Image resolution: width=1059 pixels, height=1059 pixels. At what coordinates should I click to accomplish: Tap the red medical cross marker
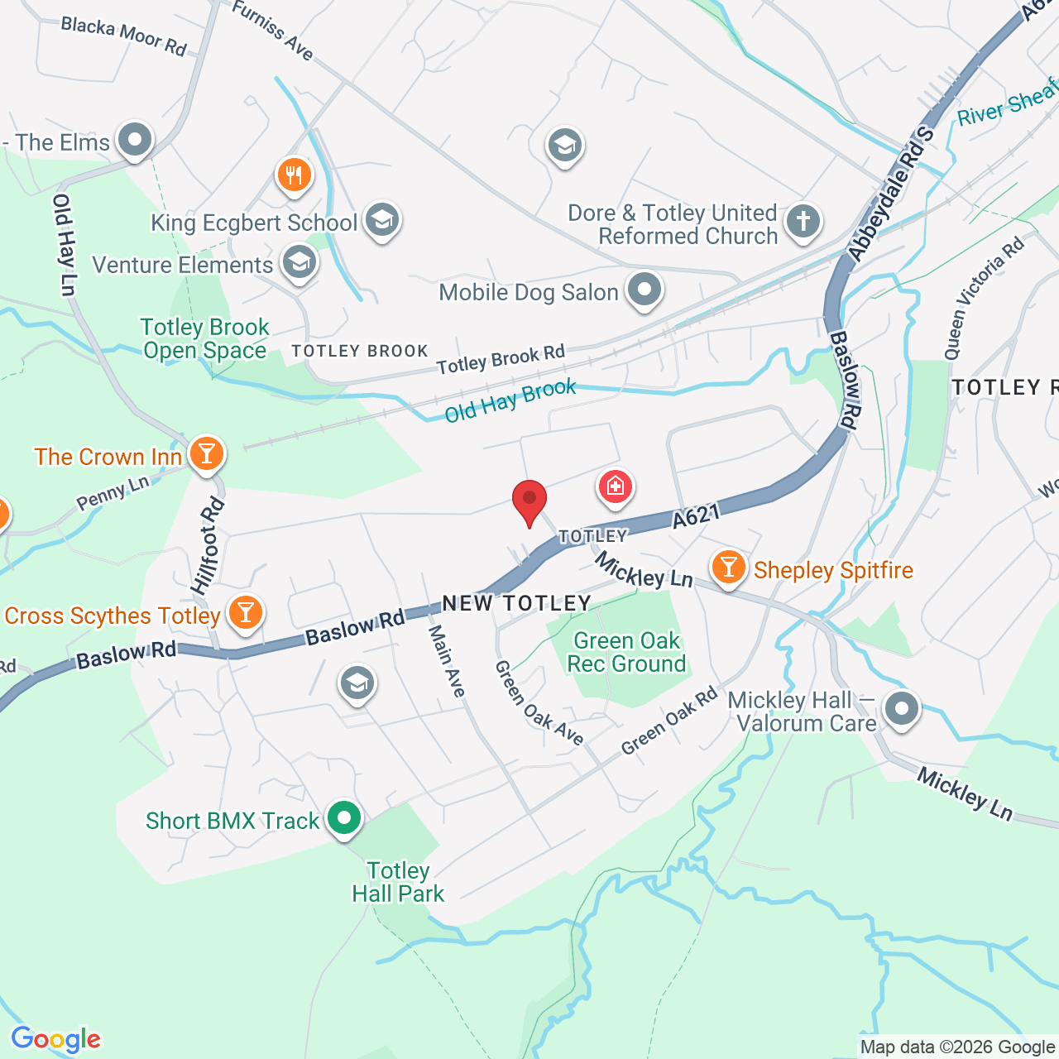point(615,486)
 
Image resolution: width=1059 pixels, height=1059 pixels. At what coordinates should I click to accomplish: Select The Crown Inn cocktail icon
point(206,454)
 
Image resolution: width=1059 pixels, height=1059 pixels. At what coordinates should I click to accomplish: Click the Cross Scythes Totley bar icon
point(245,613)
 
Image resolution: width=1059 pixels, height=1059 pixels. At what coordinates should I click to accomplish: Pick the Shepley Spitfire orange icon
point(728,568)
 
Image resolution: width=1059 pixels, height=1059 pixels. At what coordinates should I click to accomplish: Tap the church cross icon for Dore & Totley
point(803,221)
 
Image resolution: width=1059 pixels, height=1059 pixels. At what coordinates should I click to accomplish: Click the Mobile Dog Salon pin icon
point(645,290)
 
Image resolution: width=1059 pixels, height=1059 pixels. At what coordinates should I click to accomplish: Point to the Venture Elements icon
point(299,263)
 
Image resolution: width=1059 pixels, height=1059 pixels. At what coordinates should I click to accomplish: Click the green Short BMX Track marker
point(344,818)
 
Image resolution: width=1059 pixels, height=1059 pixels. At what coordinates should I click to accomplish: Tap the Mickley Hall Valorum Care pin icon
point(901,709)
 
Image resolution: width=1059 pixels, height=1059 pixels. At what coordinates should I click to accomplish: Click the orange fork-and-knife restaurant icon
point(294,175)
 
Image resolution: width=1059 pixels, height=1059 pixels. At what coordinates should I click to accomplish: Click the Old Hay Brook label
point(510,400)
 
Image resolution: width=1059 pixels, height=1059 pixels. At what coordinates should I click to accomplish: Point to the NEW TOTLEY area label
point(517,603)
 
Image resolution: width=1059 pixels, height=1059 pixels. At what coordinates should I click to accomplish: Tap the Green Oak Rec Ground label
point(626,652)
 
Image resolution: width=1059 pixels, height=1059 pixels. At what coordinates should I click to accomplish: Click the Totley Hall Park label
point(398,882)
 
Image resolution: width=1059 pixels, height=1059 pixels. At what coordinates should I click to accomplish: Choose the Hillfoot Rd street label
point(208,546)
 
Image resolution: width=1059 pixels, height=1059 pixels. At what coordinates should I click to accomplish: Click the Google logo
point(55,1039)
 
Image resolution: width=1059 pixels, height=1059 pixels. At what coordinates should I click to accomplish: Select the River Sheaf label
point(1007,103)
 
